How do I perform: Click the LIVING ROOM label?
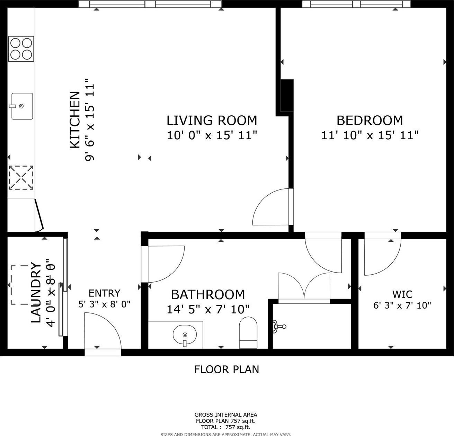tap(212, 121)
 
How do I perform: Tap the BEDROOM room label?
tap(370, 121)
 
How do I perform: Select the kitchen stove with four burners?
tap(21, 49)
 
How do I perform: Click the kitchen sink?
tap(22, 106)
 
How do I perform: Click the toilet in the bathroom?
tap(248, 332)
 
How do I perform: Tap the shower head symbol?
tap(279, 326)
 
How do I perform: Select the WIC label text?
tap(402, 294)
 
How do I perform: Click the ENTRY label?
tap(105, 293)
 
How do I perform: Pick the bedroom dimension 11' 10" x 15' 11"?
tap(370, 135)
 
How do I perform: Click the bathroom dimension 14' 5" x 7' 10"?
tap(208, 310)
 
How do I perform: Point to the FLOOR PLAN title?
tap(226, 370)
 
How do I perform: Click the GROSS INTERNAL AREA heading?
tap(226, 415)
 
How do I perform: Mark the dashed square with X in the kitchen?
tap(21, 178)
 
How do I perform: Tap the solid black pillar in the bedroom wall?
tap(287, 96)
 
